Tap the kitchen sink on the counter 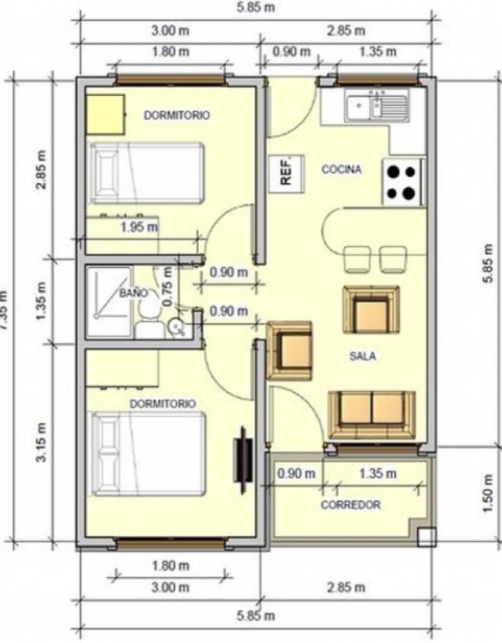click(378, 107)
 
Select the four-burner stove click(401, 182)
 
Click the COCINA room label click(341, 169)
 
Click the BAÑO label click(133, 294)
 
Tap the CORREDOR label click(350, 505)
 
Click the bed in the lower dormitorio click(148, 453)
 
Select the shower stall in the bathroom click(109, 301)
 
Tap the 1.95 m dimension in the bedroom click(139, 227)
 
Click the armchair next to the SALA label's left click(290, 351)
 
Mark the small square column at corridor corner click(426, 536)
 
